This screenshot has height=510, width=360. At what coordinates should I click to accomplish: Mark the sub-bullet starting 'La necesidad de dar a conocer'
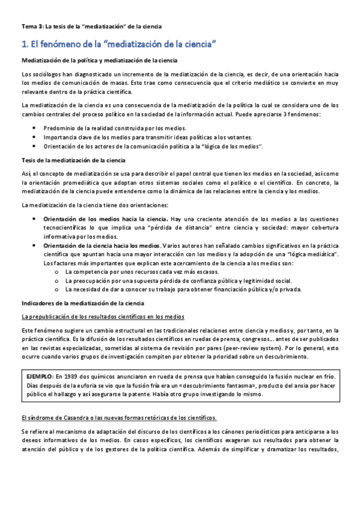180,289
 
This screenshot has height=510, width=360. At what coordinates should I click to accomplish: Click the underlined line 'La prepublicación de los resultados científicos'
103,316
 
